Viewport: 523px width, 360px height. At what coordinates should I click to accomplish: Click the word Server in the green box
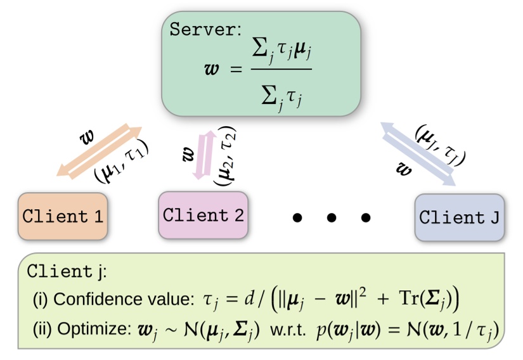coord(198,29)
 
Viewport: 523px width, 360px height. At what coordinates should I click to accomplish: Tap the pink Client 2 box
coord(203,214)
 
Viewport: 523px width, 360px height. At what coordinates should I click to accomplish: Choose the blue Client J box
coord(460,217)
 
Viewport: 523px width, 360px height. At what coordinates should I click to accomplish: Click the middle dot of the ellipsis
coord(331,218)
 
